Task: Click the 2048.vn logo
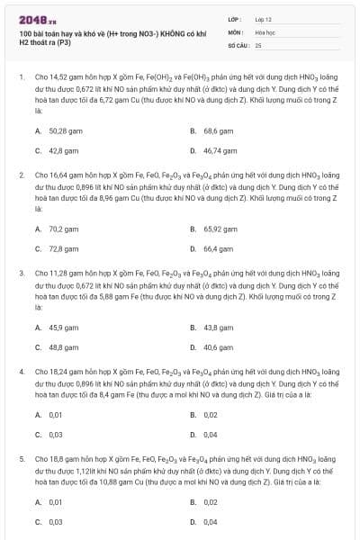coord(31,20)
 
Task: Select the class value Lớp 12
coord(263,19)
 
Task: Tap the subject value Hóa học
coord(265,31)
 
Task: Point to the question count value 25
coord(258,43)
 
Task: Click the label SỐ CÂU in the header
coord(236,43)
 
